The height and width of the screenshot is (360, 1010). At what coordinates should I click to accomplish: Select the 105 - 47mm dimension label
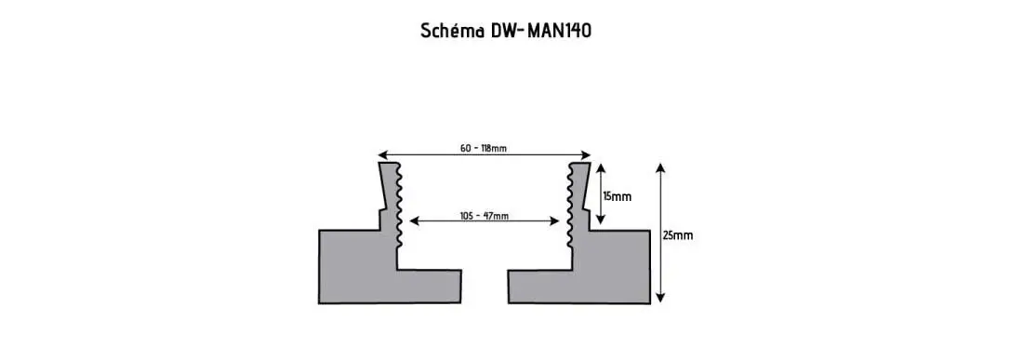pos(485,216)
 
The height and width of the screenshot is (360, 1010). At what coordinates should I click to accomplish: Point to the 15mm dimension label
pos(617,196)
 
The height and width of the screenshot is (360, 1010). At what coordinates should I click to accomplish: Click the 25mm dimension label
pos(678,235)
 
